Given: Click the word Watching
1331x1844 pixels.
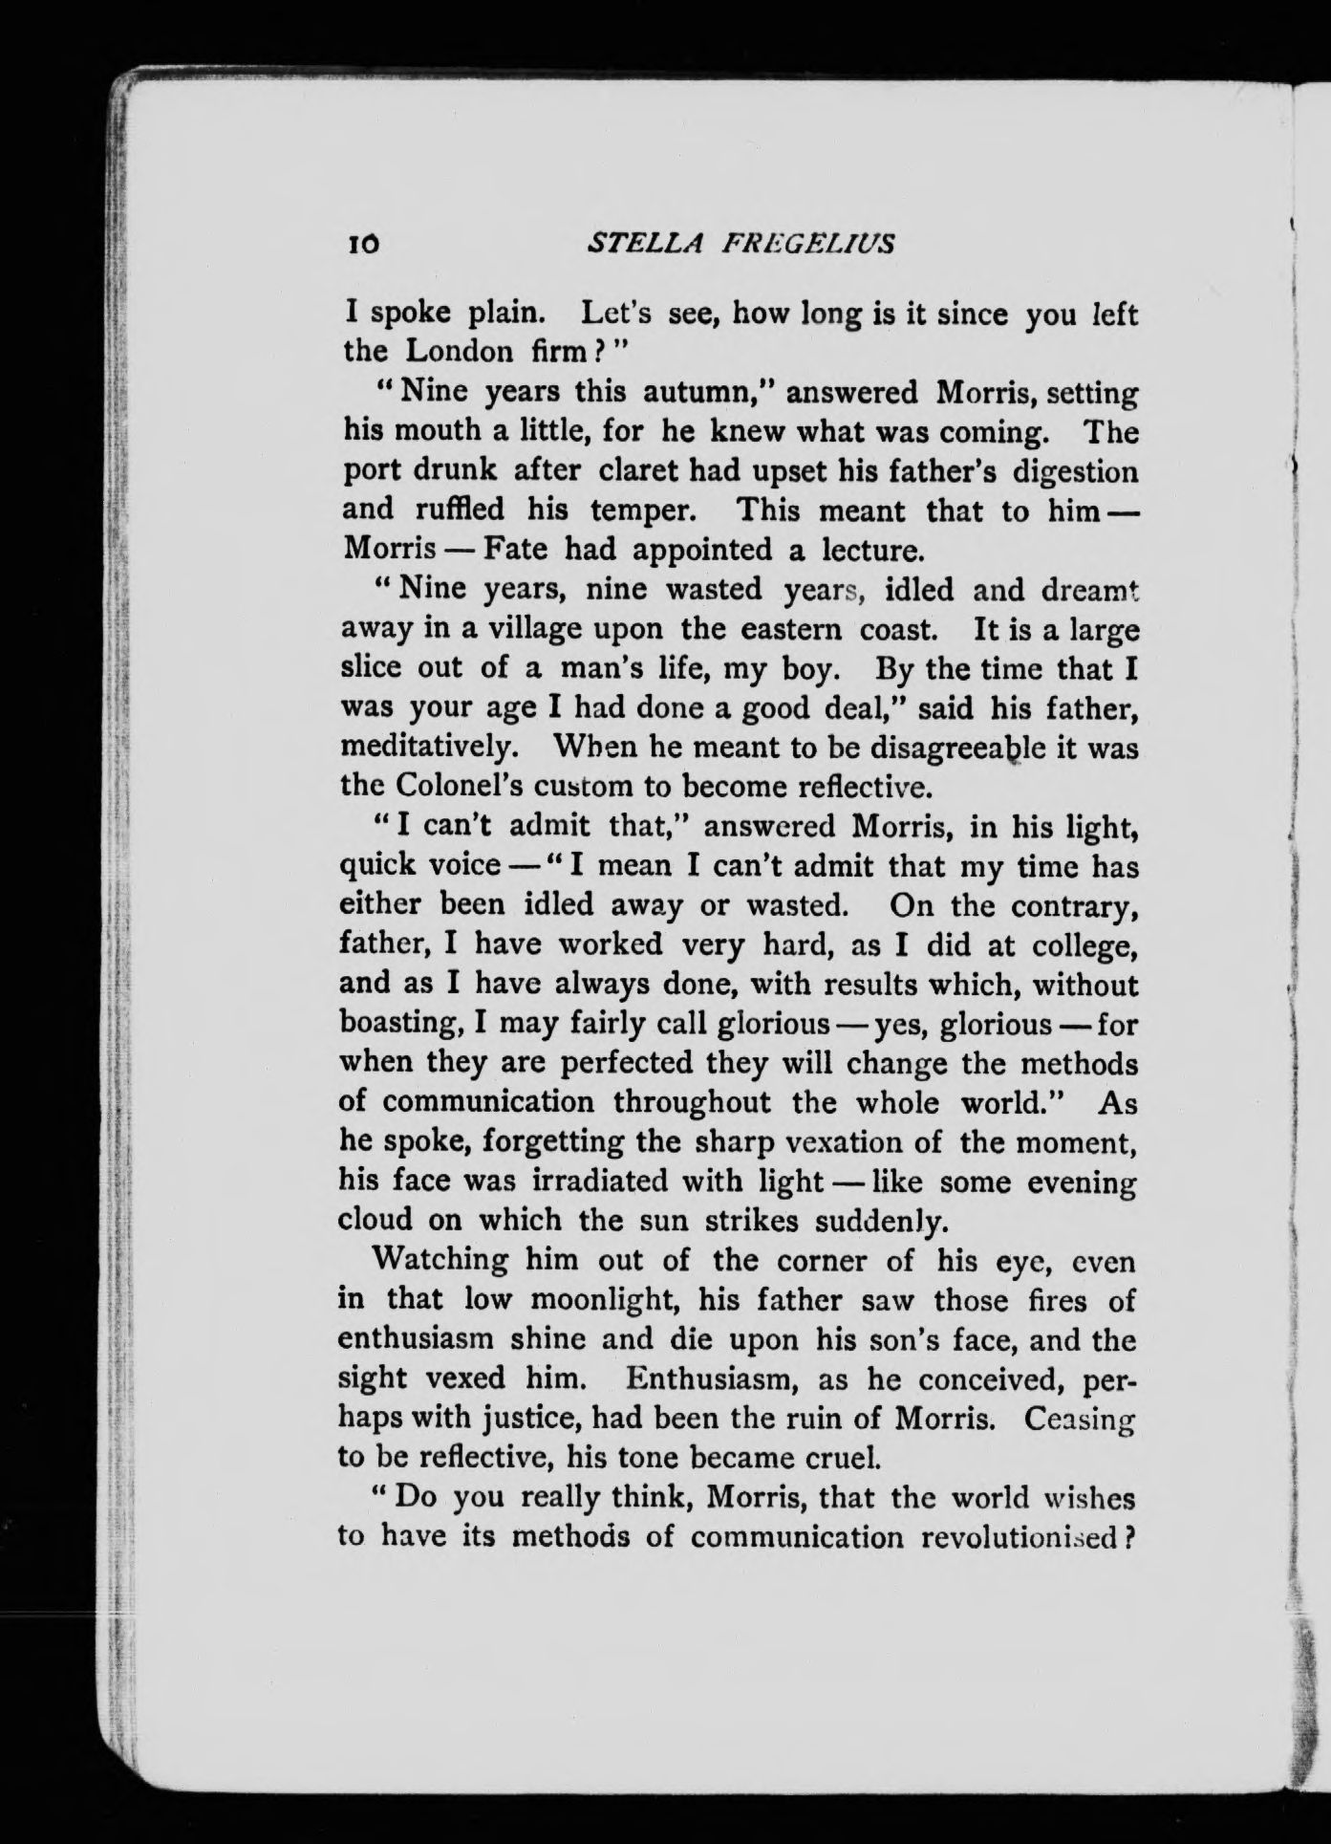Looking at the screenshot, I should (x=440, y=1260).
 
